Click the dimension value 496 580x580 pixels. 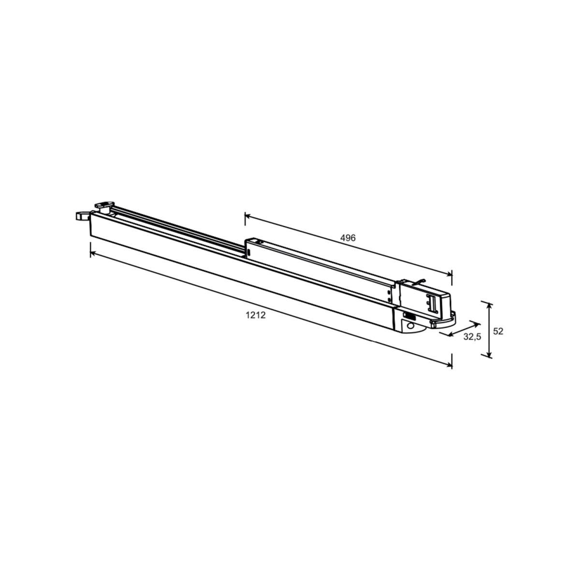pyautogui.click(x=348, y=238)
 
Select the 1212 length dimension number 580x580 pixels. pyautogui.click(x=256, y=315)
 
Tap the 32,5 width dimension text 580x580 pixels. pyautogui.click(x=472, y=337)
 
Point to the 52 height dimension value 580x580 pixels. pyautogui.click(x=498, y=331)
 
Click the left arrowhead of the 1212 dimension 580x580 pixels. pyautogui.click(x=93, y=254)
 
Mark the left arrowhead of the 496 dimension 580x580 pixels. pyautogui.click(x=248, y=216)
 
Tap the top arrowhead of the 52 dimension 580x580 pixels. pyautogui.click(x=490, y=306)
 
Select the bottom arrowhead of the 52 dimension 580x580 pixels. pyautogui.click(x=490, y=354)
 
